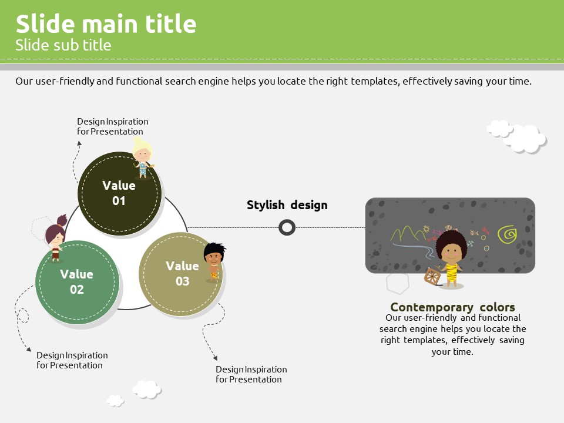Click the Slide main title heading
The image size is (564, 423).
click(x=106, y=23)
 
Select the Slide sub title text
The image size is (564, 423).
click(x=63, y=45)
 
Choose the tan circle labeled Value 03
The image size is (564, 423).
click(x=180, y=275)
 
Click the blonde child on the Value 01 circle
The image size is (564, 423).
click(x=143, y=158)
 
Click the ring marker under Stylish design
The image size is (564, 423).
click(x=287, y=228)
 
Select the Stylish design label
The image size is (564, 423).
click(x=287, y=205)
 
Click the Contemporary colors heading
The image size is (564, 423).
click(x=452, y=307)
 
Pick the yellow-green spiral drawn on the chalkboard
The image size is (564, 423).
click(x=507, y=234)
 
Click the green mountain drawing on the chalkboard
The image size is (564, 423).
click(x=409, y=234)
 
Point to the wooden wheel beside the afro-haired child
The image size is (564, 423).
click(x=432, y=276)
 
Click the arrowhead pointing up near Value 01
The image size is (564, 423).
click(x=79, y=143)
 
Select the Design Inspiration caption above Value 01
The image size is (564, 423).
click(x=113, y=127)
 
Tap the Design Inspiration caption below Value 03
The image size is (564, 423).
click(x=251, y=374)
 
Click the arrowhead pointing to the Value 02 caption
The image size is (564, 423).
click(x=29, y=349)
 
